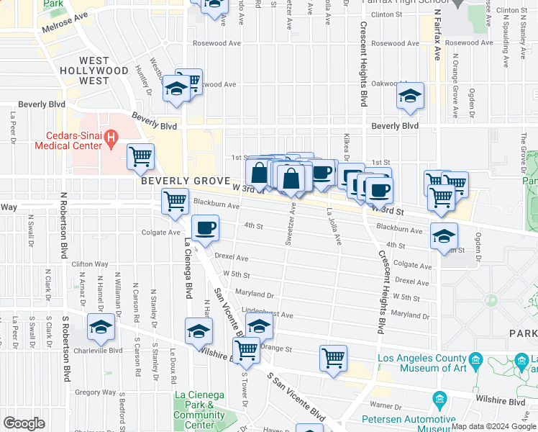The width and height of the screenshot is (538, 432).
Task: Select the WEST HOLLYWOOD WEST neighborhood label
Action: (84, 71)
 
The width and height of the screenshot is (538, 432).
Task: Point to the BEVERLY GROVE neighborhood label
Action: (185, 181)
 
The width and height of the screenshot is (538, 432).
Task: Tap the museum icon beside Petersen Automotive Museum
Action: (439, 398)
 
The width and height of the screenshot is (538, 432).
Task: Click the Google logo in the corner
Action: (24, 423)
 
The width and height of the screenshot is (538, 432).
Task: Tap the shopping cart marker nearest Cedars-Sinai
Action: (141, 156)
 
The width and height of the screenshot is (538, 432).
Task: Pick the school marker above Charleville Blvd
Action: (101, 327)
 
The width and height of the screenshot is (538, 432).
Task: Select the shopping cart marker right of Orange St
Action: (333, 357)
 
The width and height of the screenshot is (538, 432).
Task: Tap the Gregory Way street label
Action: (96, 392)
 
